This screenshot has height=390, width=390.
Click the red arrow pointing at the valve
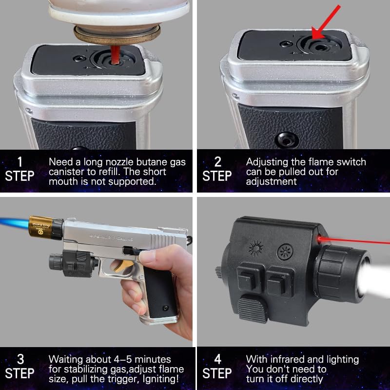pos(326,22)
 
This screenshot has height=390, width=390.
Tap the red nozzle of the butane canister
pos(115,55)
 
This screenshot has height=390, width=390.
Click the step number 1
pos(20,162)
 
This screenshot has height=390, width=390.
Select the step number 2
pos(217,162)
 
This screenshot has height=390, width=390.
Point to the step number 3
pos(20,359)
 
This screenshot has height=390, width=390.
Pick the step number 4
pos(218,359)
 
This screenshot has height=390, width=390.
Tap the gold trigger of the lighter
pos(122,266)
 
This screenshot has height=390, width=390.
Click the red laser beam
pos(353,240)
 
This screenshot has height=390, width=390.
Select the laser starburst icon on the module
pos(256,248)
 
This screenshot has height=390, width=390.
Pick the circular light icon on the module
pos(285,252)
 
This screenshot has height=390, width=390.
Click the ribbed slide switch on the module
pos(253,309)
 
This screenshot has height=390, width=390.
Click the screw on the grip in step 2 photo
pos(286,139)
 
